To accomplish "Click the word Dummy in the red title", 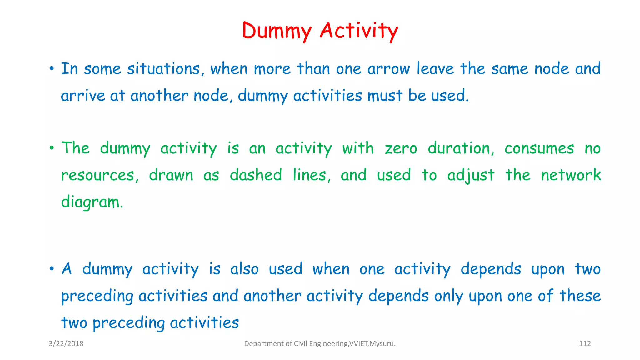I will coord(277,31).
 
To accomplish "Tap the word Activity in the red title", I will coord(359,31).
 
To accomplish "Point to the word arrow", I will coord(388,69).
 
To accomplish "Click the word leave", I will coord(435,69).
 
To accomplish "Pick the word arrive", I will coord(83,96).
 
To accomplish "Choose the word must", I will coord(385,96).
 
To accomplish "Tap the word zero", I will coord(401,148).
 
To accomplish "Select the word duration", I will coord(461,148).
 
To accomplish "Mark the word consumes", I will coord(539,148).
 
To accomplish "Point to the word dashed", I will coord(256,175).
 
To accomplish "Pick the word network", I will coord(571,175).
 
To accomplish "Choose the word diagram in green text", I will coord(92,202).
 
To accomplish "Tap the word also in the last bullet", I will coord(244,269).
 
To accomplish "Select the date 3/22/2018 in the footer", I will coord(66,344).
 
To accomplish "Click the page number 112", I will coord(585,344).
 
